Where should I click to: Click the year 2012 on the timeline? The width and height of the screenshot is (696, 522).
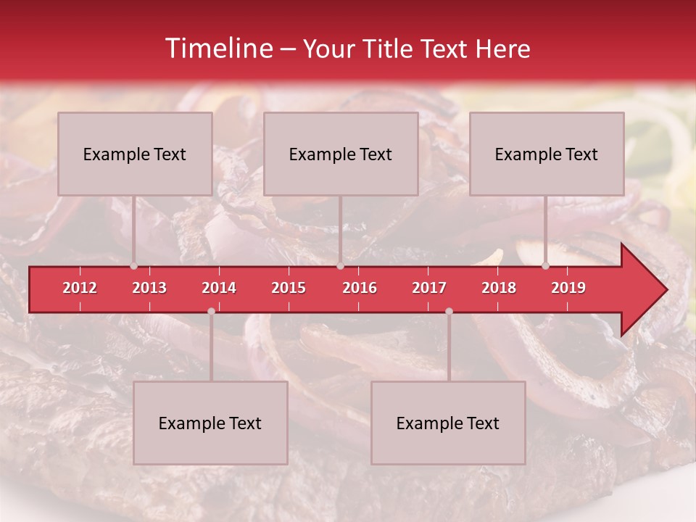(80, 288)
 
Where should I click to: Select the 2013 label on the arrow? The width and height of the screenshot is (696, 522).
(149, 288)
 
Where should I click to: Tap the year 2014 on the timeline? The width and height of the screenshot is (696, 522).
(219, 288)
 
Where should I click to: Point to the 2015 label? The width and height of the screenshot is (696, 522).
(289, 288)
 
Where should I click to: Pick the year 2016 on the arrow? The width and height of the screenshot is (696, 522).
(360, 288)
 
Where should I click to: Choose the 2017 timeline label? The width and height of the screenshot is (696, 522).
(429, 288)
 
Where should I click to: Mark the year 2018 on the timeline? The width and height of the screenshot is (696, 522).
(499, 288)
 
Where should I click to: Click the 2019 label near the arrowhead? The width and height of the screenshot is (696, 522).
(568, 288)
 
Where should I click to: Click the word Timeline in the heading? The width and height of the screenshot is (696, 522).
(217, 49)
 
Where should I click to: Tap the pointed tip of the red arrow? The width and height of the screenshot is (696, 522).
(666, 290)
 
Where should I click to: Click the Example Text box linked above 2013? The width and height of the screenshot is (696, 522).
(135, 154)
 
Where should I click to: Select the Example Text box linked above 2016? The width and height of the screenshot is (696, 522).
(341, 154)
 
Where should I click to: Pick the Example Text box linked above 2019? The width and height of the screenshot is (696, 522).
(547, 154)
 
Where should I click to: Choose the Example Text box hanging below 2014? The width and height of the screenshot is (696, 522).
(210, 423)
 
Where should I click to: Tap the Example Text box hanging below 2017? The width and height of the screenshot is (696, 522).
(448, 423)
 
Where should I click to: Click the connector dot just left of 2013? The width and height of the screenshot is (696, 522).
(133, 265)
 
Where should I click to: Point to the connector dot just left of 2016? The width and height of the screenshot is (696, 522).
(340, 265)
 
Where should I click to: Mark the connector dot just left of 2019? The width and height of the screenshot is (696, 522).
(545, 265)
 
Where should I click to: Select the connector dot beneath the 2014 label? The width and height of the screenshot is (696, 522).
(211, 311)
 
